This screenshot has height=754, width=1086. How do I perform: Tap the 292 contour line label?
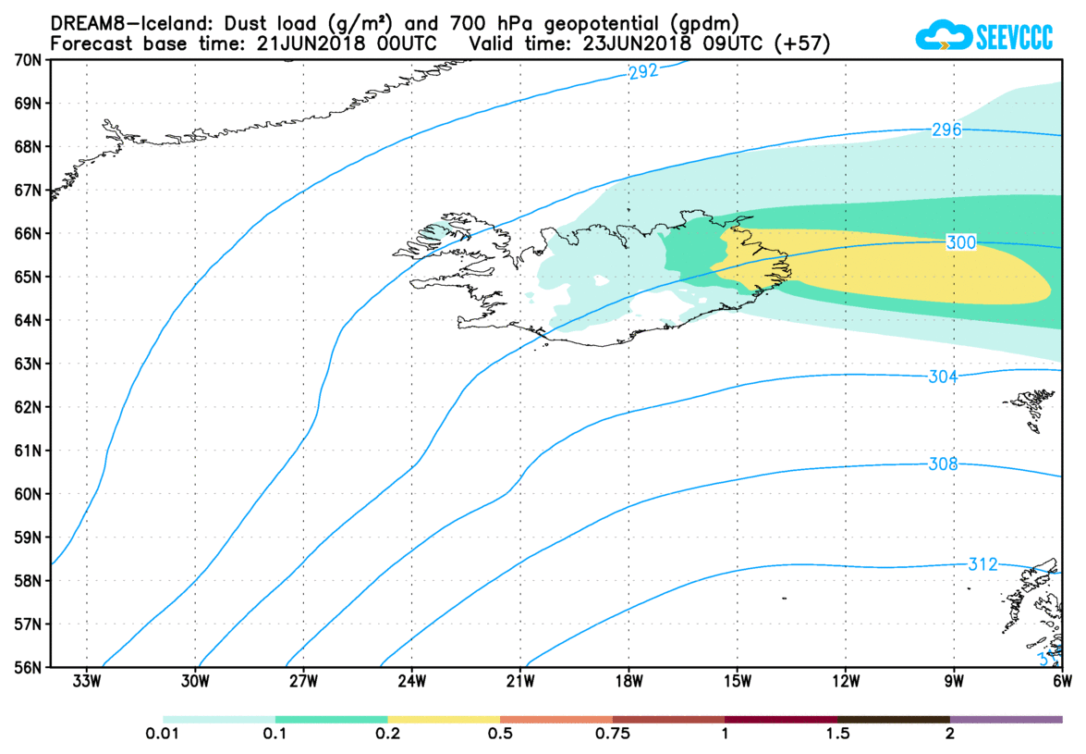pos(642,72)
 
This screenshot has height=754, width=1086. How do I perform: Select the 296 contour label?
pos(947,130)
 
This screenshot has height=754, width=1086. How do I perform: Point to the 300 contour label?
pos(961,242)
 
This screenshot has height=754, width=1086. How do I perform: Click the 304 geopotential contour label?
pos(943,377)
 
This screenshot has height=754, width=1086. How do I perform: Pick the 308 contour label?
pos(943,464)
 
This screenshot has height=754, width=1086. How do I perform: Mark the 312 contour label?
pos(982,564)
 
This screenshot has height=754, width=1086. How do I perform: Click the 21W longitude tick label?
pos(520,684)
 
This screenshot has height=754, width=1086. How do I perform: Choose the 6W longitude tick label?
pos(1062,684)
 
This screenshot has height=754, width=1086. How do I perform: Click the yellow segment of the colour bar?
pos(444,719)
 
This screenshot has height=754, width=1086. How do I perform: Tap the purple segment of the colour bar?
pos(1006,719)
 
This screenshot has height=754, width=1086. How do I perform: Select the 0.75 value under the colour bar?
pos(613,735)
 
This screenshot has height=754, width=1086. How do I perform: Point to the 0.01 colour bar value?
pos(163,735)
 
